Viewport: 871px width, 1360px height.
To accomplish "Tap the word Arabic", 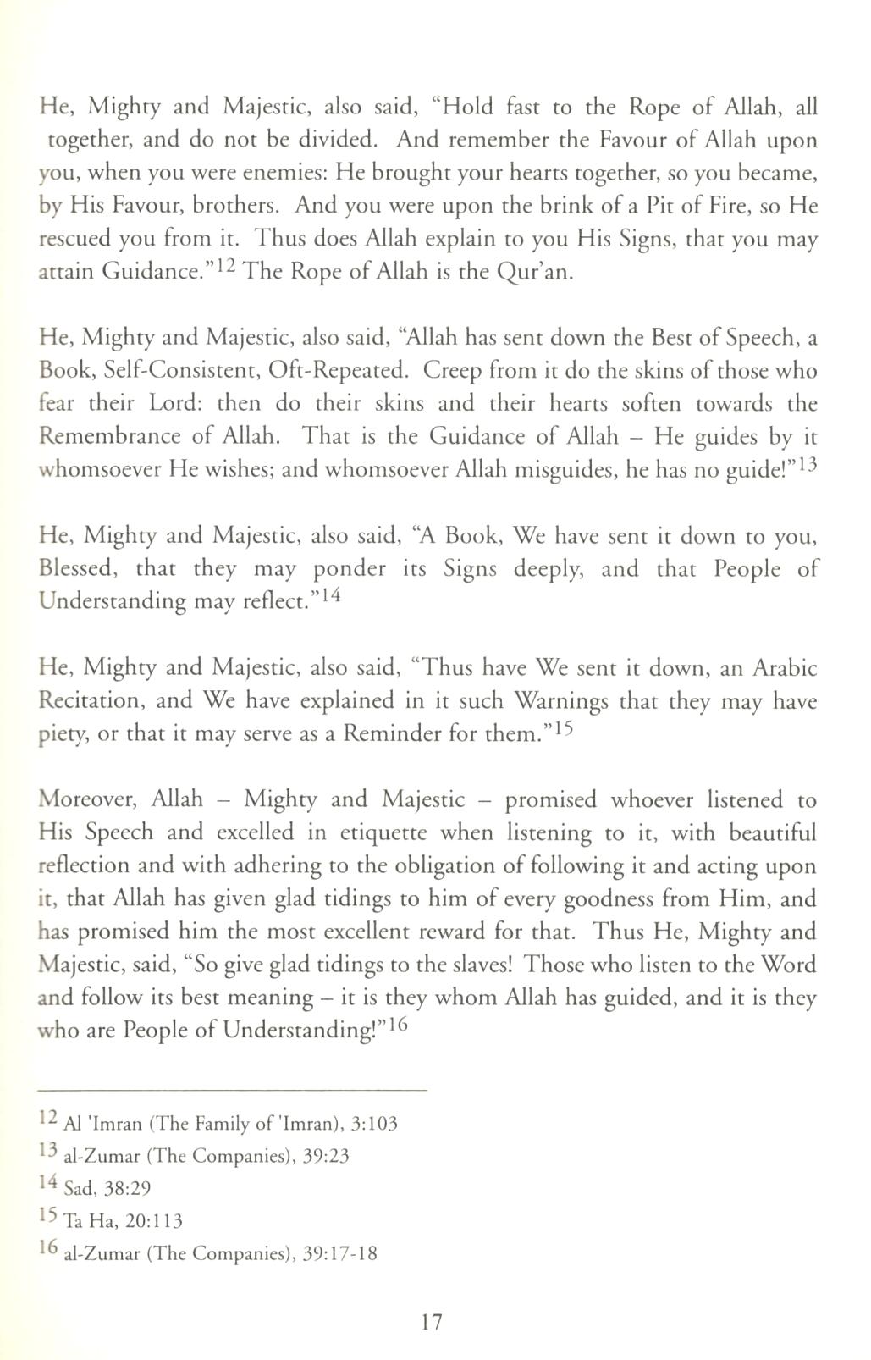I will coord(785,668).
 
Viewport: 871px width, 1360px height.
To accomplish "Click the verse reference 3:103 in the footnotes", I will coord(374,1124).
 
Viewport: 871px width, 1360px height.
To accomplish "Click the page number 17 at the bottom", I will coord(431,1322).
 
